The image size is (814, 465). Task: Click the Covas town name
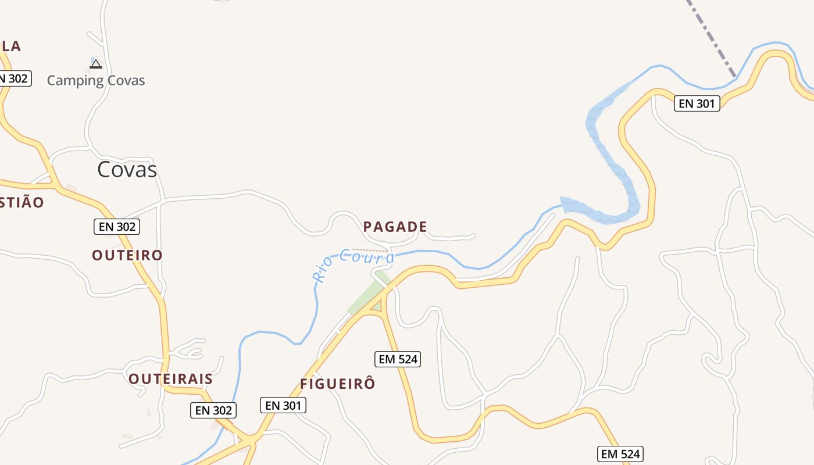pyautogui.click(x=127, y=169)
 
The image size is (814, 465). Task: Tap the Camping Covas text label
pyautogui.click(x=96, y=80)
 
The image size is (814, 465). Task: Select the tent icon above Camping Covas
pyautogui.click(x=96, y=63)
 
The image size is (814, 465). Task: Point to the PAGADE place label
pyautogui.click(x=395, y=227)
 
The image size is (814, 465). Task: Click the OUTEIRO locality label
pyautogui.click(x=127, y=255)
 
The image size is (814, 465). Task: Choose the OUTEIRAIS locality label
pyautogui.click(x=170, y=379)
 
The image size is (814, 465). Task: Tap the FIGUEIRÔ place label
pyautogui.click(x=338, y=384)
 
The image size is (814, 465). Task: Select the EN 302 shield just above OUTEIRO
pyautogui.click(x=117, y=227)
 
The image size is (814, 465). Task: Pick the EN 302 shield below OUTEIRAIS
pyautogui.click(x=213, y=410)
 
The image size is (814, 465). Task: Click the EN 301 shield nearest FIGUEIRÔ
pyautogui.click(x=283, y=405)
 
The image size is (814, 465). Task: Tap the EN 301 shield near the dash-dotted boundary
pyautogui.click(x=697, y=103)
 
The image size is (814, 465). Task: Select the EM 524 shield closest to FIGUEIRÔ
pyautogui.click(x=398, y=359)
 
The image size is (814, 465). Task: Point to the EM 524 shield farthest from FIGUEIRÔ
pyautogui.click(x=620, y=454)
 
